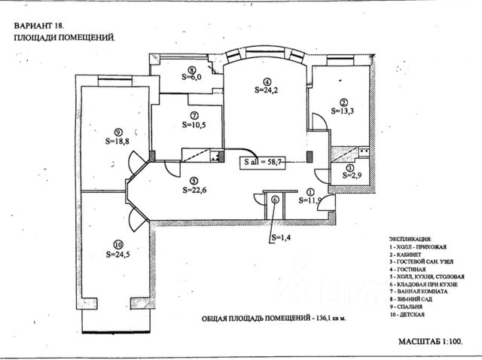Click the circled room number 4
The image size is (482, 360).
[267, 81]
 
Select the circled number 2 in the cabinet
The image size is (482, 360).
[343, 103]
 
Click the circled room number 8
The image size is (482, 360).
[193, 70]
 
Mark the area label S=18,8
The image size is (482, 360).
[117, 140]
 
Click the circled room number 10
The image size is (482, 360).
[117, 244]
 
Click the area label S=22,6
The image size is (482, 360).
[194, 190]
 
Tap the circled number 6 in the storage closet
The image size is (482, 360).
[276, 200]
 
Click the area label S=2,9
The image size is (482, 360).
[352, 175]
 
